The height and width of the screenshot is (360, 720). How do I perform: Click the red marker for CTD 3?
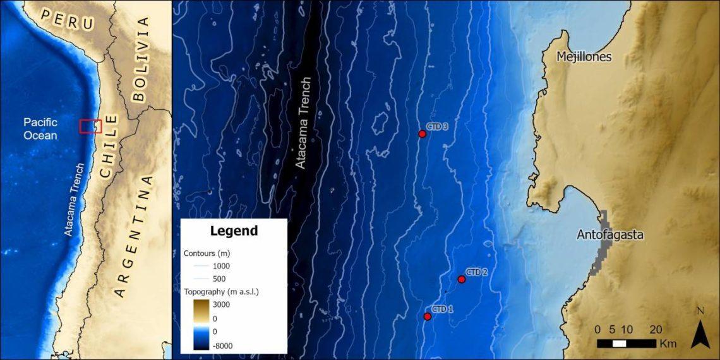tap(423, 134)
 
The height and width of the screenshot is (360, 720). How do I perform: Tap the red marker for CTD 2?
tap(462, 279)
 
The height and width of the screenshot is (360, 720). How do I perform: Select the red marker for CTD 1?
tap(428, 316)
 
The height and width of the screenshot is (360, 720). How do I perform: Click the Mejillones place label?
tap(584, 57)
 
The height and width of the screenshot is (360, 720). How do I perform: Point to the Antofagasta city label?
tap(610, 235)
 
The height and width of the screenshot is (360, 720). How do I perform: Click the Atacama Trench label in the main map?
tap(304, 123)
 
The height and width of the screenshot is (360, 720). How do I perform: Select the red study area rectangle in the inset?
tap(90, 126)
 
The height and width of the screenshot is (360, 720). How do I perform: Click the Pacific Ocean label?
tap(40, 128)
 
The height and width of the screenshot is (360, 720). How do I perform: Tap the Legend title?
tap(234, 231)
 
